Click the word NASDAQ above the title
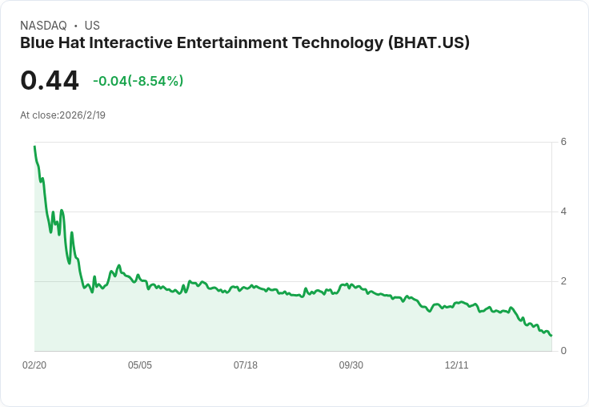pyautogui.click(x=43, y=26)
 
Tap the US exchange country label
pyautogui.click(x=92, y=26)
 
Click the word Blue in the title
pyautogui.click(x=36, y=43)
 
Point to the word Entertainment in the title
pyautogui.click(x=240, y=43)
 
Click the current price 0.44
pyautogui.click(x=50, y=81)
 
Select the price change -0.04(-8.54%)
pyautogui.click(x=138, y=81)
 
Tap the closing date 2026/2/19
pyautogui.click(x=82, y=115)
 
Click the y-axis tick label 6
pyautogui.click(x=563, y=142)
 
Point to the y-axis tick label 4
pyautogui.click(x=563, y=212)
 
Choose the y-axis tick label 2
pyautogui.click(x=563, y=281)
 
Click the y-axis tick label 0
pyautogui.click(x=563, y=351)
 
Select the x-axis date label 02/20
pyautogui.click(x=34, y=365)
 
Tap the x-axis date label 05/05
pyautogui.click(x=140, y=365)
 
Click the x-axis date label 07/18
pyautogui.click(x=246, y=365)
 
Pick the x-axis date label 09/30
pyautogui.click(x=351, y=365)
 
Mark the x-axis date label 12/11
pyautogui.click(x=457, y=365)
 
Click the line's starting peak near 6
pyautogui.click(x=34, y=147)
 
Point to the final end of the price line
pyautogui.click(x=551, y=335)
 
